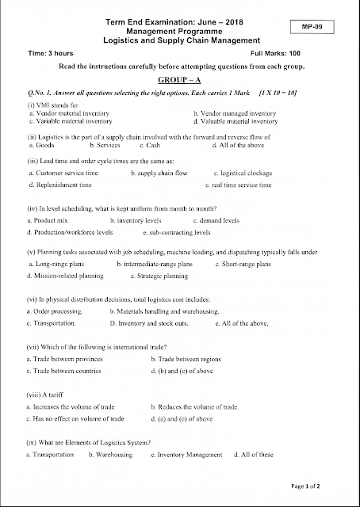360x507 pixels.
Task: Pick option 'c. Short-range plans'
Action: (243, 264)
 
